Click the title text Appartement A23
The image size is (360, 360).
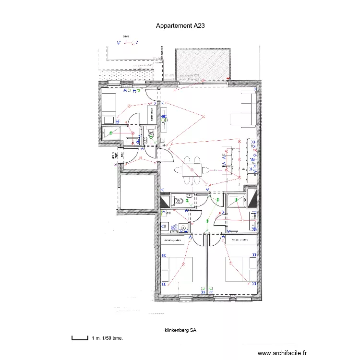[x=180, y=27]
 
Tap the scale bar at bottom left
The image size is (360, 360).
[x=80, y=338]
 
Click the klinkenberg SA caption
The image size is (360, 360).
[x=180, y=330]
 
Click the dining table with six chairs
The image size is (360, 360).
[x=191, y=170]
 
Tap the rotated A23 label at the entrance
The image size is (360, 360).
[x=114, y=156]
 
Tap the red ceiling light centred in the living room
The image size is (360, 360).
[x=204, y=116]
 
